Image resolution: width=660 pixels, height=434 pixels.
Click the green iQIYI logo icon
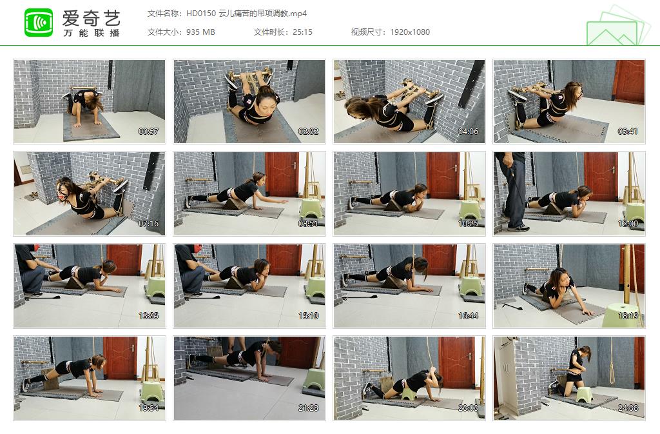39,23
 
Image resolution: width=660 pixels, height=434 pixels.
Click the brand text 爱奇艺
91,17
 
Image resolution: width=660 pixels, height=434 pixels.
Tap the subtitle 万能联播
91,33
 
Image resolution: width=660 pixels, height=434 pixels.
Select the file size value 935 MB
200,32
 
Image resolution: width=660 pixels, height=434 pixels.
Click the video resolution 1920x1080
409,32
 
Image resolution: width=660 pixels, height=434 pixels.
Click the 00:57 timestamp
148,132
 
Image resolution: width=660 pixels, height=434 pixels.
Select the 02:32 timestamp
307,132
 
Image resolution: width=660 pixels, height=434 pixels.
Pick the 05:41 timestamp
627,132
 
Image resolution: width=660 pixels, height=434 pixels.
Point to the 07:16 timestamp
148,224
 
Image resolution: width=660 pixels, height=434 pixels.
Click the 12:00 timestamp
627,224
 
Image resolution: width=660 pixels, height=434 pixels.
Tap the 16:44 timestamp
467,316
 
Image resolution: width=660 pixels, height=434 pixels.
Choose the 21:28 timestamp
307,408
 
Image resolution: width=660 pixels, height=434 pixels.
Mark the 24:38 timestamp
627,408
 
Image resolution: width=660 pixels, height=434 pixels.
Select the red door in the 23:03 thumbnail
456,361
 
